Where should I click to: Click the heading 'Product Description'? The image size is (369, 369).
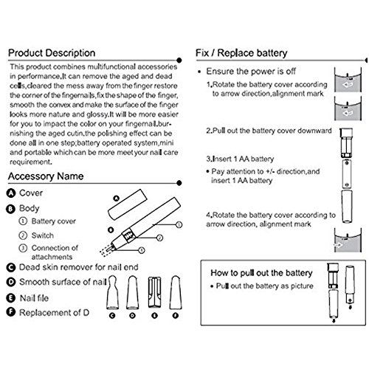(x=52, y=53)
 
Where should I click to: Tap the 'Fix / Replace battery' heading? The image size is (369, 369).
(x=241, y=53)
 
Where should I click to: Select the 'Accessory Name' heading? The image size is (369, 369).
(x=46, y=176)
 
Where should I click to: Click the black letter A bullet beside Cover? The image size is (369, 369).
(x=11, y=193)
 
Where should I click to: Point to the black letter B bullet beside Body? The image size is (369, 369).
(x=10, y=209)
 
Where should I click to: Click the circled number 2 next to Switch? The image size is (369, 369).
(x=23, y=235)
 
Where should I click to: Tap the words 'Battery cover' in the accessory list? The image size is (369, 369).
(x=54, y=221)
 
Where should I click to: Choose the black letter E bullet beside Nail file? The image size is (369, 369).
(x=10, y=298)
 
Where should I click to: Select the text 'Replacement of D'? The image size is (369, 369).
(x=54, y=313)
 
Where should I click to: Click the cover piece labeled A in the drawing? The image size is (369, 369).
(x=128, y=204)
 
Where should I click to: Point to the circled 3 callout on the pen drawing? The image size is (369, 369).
(x=179, y=224)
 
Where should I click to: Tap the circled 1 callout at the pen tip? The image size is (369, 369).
(x=142, y=250)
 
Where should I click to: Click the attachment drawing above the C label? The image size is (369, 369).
(x=112, y=292)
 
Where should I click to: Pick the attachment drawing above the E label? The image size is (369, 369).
(x=154, y=292)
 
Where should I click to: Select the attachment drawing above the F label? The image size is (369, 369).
(x=176, y=292)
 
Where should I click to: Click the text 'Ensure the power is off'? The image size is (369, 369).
(x=251, y=72)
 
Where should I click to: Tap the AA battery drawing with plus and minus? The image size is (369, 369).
(x=347, y=174)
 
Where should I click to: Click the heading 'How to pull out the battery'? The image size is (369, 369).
(x=261, y=273)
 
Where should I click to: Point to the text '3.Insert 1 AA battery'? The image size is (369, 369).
(x=240, y=159)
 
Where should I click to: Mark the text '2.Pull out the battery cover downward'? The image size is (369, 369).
(x=269, y=131)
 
